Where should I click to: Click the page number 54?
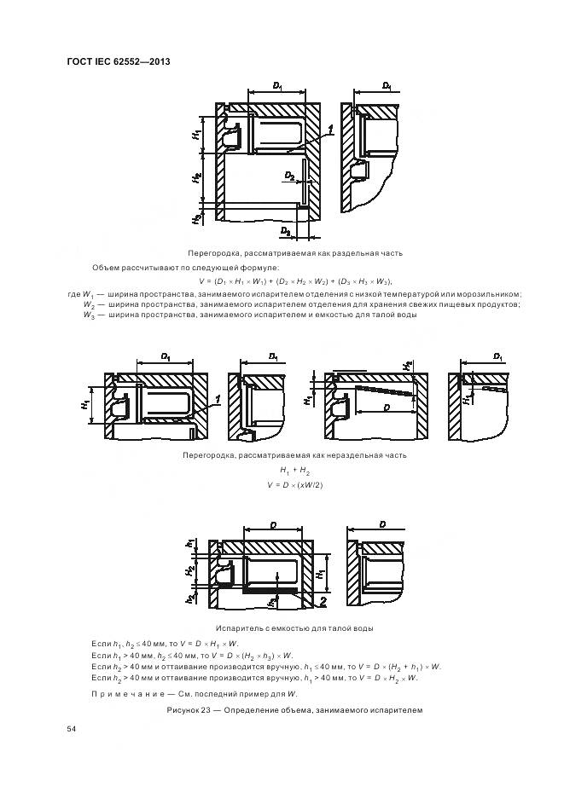[71, 730]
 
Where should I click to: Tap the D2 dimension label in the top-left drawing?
[289, 176]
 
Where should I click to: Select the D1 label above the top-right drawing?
[387, 86]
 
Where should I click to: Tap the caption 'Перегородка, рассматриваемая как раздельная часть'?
[294, 253]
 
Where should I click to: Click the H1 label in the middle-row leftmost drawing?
[85, 401]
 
